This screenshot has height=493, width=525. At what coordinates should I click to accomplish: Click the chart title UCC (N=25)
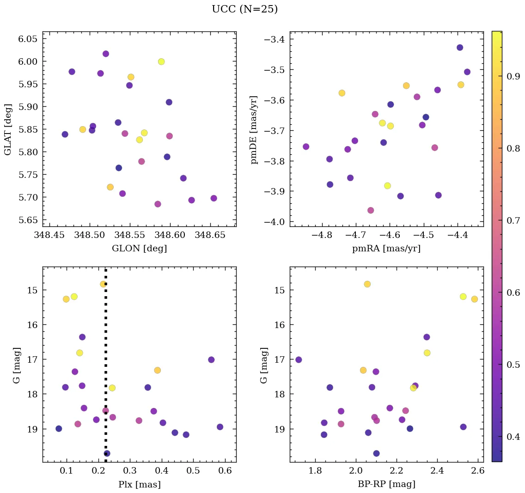point(244,9)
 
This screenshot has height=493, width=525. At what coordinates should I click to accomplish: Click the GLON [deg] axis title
point(139,249)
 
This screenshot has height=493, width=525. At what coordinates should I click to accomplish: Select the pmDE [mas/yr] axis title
point(254,130)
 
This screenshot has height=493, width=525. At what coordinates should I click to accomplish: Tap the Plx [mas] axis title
point(139,484)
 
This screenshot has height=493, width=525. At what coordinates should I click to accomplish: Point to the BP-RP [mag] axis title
point(386,484)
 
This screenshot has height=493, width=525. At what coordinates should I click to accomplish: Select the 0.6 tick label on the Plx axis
point(225,471)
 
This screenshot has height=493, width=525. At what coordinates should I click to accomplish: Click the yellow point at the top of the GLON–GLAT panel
point(161,61)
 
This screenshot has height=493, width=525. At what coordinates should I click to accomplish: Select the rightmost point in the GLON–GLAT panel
point(214,198)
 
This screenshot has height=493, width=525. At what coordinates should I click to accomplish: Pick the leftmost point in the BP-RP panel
point(299,359)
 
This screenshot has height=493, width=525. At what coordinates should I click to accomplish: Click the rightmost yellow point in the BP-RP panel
point(474,299)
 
